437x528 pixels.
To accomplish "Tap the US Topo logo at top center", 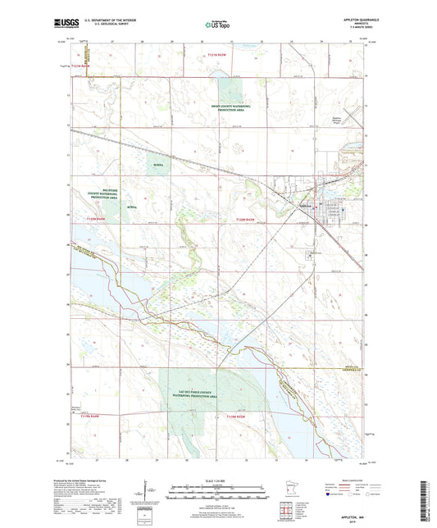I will coord(216,25).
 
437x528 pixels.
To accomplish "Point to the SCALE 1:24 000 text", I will coord(218,480).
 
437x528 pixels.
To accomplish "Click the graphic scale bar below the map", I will coord(218,494).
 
